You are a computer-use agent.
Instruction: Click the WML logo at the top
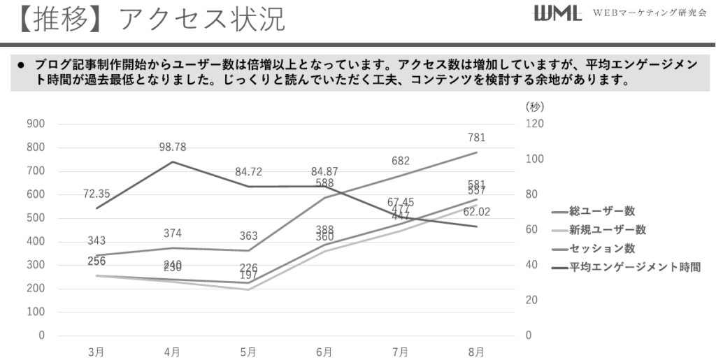click(557, 14)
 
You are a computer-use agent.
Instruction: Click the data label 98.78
click(172, 147)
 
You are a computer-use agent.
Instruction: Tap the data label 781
click(476, 138)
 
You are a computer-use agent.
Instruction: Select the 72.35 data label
click(96, 192)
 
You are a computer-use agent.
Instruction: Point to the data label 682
click(401, 161)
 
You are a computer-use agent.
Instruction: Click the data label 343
click(96, 240)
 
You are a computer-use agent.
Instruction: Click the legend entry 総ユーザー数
click(602, 211)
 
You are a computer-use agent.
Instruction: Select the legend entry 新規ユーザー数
click(607, 230)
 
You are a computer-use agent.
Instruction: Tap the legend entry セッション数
click(602, 248)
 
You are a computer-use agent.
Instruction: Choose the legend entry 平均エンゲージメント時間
click(634, 267)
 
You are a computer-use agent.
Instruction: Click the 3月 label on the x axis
click(96, 352)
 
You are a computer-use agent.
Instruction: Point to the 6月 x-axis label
click(324, 352)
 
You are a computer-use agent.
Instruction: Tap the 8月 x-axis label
click(476, 352)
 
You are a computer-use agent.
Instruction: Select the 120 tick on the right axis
click(534, 124)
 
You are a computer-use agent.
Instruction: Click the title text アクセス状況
click(202, 20)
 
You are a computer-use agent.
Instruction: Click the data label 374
click(172, 233)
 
